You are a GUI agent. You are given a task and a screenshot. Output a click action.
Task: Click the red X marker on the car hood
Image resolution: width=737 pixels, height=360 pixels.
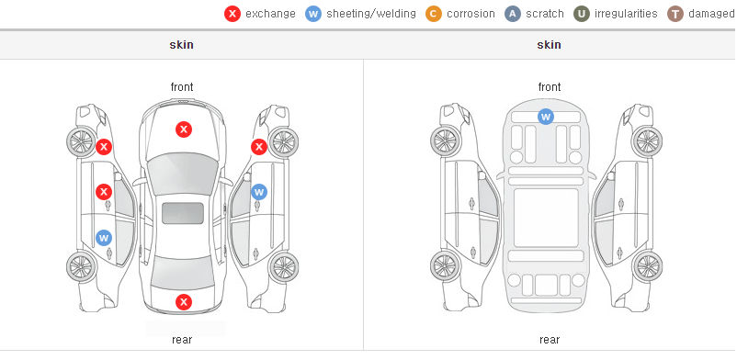point(184,129)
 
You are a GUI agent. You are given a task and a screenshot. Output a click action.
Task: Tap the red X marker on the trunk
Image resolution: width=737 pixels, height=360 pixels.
point(184,302)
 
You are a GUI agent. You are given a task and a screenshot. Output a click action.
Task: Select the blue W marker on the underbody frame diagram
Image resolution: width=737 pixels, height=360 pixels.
point(545,116)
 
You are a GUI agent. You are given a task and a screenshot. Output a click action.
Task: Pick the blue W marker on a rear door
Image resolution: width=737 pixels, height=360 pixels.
point(104,237)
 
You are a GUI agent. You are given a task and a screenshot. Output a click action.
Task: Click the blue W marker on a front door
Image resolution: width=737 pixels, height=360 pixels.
point(259,192)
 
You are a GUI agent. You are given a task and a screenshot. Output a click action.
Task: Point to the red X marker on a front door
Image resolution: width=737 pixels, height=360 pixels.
point(104,192)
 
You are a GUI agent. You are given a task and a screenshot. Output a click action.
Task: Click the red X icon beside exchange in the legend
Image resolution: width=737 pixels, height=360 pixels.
point(232,14)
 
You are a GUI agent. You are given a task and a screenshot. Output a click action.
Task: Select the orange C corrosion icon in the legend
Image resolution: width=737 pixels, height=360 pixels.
point(434,14)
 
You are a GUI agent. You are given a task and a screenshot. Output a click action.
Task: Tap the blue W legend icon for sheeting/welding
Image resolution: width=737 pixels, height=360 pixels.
point(313,14)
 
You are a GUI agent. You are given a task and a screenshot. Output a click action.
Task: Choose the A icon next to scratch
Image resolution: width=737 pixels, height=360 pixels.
point(513,14)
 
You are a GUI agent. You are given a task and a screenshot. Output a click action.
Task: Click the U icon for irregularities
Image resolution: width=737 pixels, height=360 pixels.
point(582,14)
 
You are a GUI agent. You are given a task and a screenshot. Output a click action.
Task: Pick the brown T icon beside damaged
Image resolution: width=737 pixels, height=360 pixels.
point(675,14)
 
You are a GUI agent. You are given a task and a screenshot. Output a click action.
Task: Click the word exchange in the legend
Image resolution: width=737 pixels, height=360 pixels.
point(270,14)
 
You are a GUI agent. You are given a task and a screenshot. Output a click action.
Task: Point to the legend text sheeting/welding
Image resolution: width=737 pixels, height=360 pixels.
point(371,14)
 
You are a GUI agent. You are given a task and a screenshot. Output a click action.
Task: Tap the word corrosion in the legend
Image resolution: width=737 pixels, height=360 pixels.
point(471,14)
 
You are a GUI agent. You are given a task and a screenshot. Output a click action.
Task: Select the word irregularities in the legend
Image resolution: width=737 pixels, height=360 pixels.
point(626,14)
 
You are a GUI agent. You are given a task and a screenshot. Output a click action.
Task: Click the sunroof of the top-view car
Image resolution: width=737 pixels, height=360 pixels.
point(183,213)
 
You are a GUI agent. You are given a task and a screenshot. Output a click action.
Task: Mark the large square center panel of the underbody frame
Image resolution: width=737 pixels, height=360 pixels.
point(546,218)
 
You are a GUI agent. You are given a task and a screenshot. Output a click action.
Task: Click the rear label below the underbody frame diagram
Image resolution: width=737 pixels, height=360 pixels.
point(550,340)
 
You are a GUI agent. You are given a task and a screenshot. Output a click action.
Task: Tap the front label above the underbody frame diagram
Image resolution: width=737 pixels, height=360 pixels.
point(550,87)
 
